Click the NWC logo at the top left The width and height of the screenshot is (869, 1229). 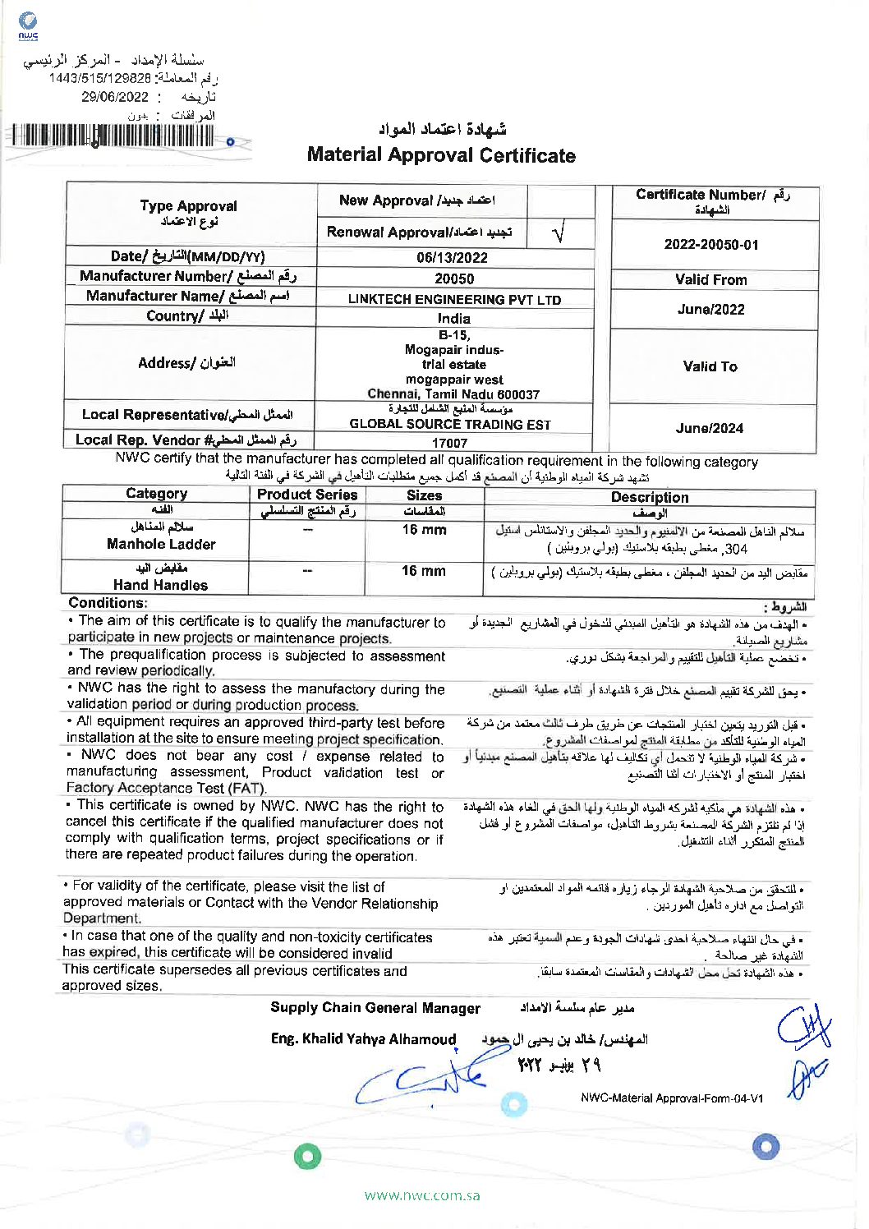tap(28, 25)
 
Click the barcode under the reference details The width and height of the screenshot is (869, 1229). tap(113, 136)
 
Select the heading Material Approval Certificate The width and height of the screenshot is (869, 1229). tap(441, 155)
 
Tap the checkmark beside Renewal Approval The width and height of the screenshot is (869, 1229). tap(559, 233)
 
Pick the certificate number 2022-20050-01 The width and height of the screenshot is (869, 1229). tap(710, 245)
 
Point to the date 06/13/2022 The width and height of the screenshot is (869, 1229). tap(452, 257)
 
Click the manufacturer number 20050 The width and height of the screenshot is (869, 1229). tap(454, 278)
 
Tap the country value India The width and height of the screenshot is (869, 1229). tap(453, 318)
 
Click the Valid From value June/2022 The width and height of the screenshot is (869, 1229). tap(710, 310)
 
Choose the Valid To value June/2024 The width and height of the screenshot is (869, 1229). tap(710, 428)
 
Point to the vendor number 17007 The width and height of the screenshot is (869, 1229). tap(449, 443)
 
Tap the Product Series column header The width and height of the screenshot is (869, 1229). tap(307, 495)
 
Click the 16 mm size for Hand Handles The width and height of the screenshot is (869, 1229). tap(424, 571)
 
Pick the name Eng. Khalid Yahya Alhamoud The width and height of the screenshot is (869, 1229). tap(363, 1039)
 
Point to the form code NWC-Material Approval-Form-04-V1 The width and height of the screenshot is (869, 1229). tap(672, 1098)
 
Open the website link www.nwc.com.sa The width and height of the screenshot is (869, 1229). tap(422, 1195)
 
